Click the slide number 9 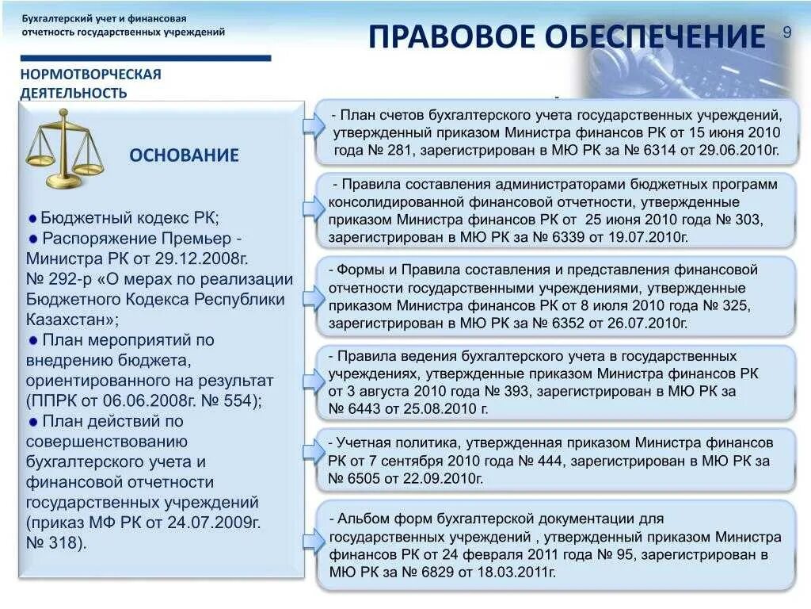click(x=787, y=32)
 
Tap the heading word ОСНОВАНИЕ click(x=184, y=155)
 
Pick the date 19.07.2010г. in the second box click(x=647, y=236)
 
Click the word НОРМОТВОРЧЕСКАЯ click(x=90, y=75)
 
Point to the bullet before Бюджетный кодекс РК click(x=32, y=218)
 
